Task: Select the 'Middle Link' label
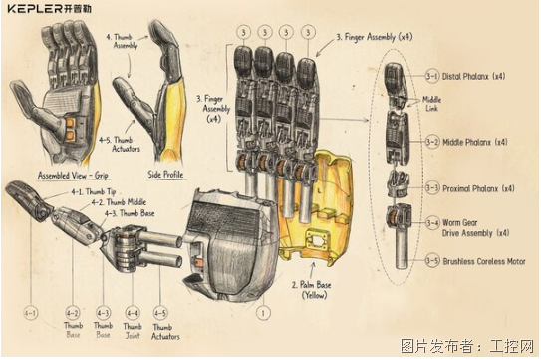(x=432, y=103)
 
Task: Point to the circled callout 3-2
(x=431, y=142)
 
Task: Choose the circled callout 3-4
(x=431, y=224)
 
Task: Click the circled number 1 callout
(x=262, y=313)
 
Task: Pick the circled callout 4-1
(x=31, y=313)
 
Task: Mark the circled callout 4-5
(x=160, y=313)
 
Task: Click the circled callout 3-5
(x=431, y=261)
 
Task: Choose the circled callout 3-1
(x=431, y=75)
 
